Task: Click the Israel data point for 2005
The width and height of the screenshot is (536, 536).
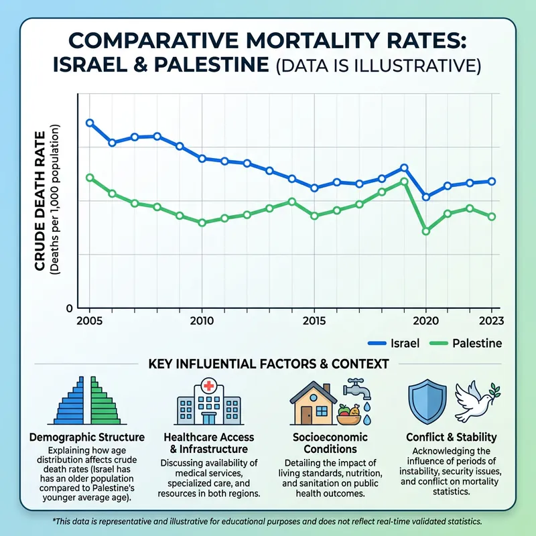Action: point(90,123)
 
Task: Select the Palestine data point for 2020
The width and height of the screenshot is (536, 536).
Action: point(425,231)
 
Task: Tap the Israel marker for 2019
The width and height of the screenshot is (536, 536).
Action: point(404,167)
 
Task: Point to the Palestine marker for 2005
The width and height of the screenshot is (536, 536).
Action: point(90,178)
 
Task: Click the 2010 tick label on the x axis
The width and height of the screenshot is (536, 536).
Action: point(202,320)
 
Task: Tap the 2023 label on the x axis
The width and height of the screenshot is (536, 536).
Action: point(492,320)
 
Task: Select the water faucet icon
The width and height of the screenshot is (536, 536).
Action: point(354,389)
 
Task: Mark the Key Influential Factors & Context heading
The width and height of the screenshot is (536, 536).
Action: point(268,364)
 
